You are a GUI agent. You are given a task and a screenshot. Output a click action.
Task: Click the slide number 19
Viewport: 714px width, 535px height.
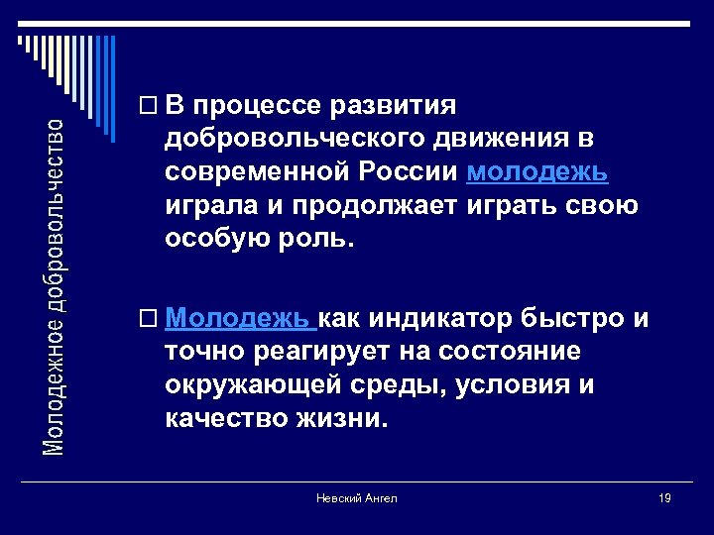pos(664,498)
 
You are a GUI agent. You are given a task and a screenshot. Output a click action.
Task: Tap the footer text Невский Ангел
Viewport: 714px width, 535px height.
pos(357,498)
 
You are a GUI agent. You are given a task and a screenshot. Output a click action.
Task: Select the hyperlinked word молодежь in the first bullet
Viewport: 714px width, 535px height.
pos(537,171)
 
